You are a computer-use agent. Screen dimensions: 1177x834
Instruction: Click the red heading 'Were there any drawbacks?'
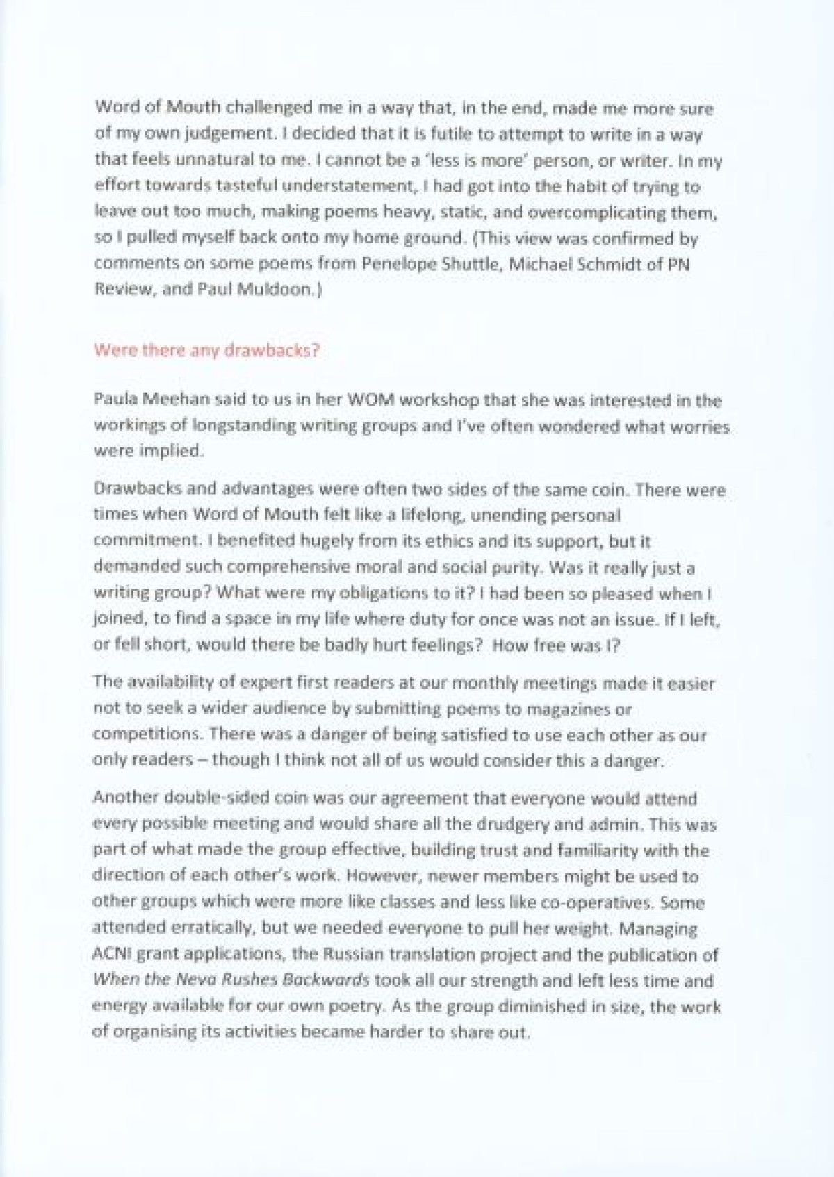click(x=206, y=350)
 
